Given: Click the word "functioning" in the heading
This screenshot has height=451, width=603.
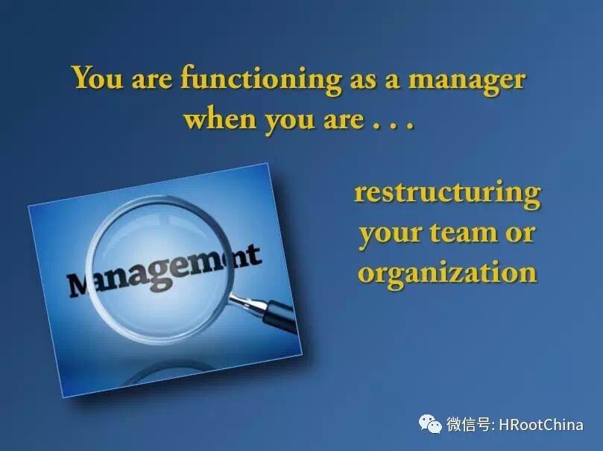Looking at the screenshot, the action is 261,80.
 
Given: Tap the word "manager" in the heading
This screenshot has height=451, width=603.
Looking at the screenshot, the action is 467,82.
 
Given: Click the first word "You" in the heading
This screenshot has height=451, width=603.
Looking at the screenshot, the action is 98,78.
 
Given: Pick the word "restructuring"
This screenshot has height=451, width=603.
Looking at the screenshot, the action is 447,193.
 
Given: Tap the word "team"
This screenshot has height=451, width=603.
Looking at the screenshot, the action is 464,232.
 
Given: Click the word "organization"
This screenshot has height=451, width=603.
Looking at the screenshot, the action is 447,271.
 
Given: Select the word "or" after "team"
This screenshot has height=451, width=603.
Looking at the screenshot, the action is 520,234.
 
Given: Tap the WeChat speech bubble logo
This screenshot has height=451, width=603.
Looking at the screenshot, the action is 430,423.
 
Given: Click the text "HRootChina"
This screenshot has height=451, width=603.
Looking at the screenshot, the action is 540,425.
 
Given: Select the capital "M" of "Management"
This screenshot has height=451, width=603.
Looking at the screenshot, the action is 80,285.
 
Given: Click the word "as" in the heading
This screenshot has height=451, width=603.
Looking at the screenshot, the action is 364,82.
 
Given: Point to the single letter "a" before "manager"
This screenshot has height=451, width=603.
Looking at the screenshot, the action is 392,82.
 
